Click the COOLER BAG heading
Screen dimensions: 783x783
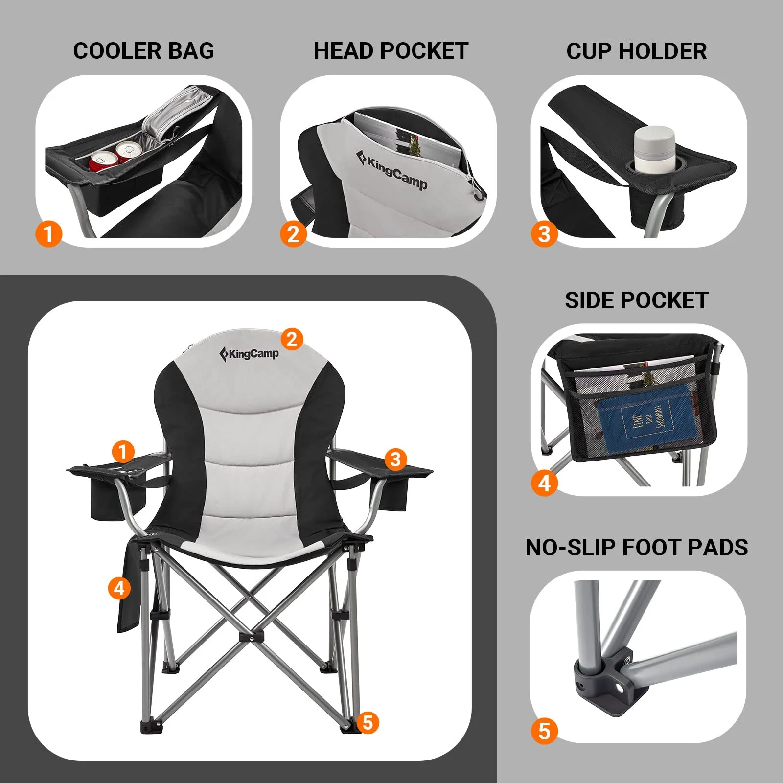143,51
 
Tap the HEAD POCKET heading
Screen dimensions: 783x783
391,51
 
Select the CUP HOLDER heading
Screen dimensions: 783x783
636,51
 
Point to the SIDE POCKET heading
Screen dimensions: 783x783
636,300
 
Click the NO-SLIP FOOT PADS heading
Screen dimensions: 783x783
636,547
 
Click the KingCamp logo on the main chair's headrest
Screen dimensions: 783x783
249,353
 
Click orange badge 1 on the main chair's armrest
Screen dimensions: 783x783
123,451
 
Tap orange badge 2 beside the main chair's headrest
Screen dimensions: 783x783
292,339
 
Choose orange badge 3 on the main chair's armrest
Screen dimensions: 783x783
395,459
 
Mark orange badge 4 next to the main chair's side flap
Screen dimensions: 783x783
119,588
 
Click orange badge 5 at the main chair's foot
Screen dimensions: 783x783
368,722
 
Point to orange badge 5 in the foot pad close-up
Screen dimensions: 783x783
544,731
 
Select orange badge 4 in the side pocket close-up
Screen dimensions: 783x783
544,483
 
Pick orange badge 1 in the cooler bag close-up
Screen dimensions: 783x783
48,233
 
